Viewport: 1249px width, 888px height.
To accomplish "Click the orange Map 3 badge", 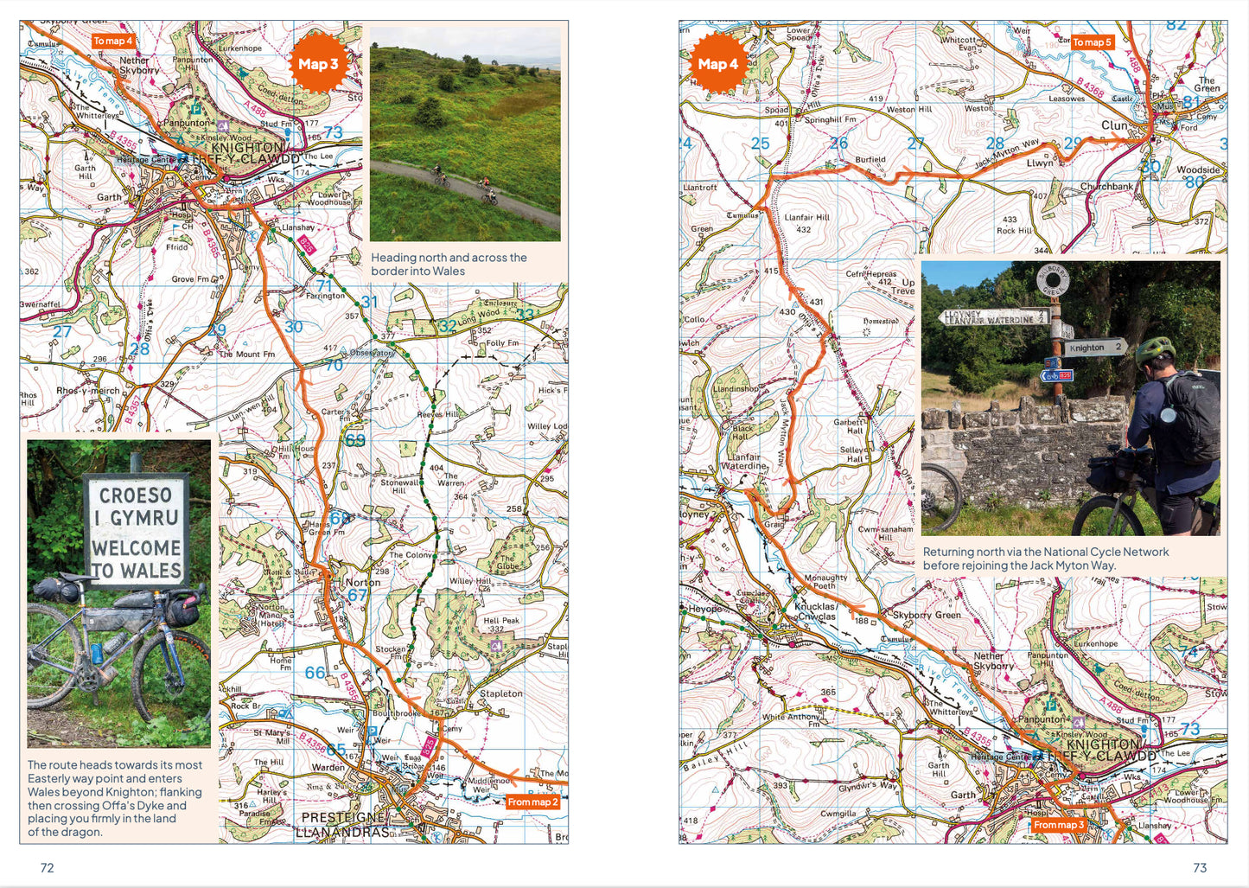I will pyautogui.click(x=318, y=64).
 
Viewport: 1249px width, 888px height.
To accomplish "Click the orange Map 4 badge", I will pyautogui.click(x=717, y=64).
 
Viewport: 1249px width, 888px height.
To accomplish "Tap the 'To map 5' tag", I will pyautogui.click(x=1092, y=42).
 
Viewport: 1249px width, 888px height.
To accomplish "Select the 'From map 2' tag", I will pyautogui.click(x=532, y=802).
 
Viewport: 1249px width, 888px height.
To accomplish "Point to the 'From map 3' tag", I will pyautogui.click(x=1058, y=824).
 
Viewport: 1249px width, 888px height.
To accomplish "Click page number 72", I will pyautogui.click(x=48, y=867).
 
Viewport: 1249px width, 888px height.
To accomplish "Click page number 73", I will pyautogui.click(x=1200, y=867).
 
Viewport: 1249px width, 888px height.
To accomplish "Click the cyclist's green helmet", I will pyautogui.click(x=1154, y=350).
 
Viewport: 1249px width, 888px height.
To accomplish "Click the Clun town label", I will pyautogui.click(x=1114, y=125).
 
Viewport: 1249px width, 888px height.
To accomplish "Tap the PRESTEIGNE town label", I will pyautogui.click(x=342, y=817).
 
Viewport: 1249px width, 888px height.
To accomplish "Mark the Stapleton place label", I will pyautogui.click(x=500, y=693).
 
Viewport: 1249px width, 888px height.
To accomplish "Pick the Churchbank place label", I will pyautogui.click(x=1106, y=186).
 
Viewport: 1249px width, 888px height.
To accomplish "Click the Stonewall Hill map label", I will pyautogui.click(x=399, y=486).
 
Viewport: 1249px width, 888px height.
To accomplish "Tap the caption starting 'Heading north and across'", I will pyautogui.click(x=448, y=264).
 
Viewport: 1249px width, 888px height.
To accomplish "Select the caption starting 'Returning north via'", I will pyautogui.click(x=1045, y=558).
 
